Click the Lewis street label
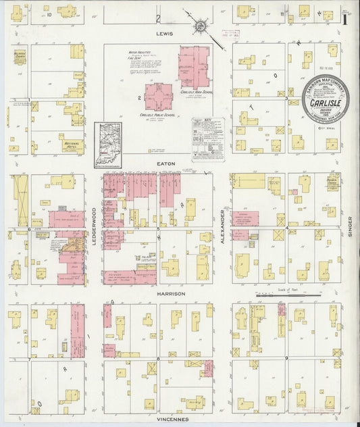(164, 33)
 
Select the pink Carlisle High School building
(194, 66)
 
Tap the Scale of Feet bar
(280, 294)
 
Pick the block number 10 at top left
(49, 14)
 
